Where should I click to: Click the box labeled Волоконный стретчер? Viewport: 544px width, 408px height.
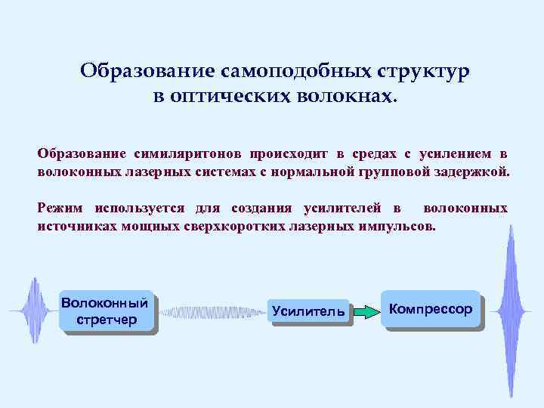pos(107,311)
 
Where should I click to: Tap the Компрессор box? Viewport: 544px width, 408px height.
pos(431,309)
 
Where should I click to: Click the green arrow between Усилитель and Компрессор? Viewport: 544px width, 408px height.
pos(367,311)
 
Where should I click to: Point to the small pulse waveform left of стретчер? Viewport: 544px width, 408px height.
pos(32,311)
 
